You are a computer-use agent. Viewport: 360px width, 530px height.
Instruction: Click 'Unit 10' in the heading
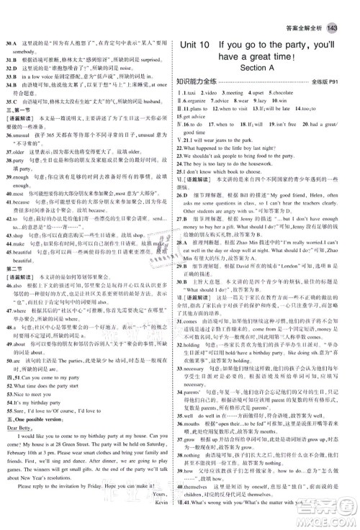[203, 43]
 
